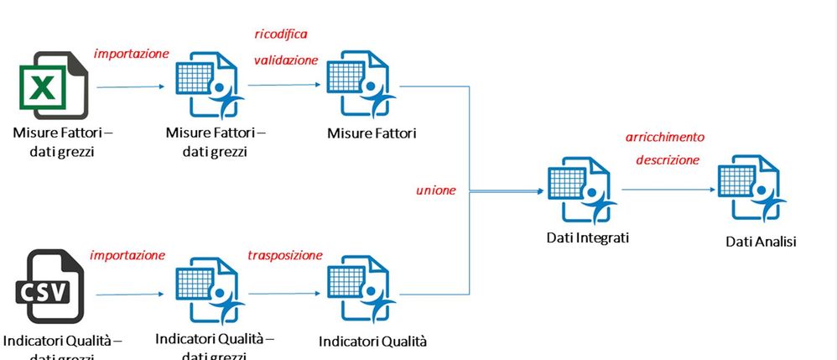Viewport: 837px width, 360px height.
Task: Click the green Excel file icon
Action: tap(52, 86)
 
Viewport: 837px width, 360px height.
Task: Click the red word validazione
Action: tap(286, 60)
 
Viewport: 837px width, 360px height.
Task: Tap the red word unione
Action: tap(435, 190)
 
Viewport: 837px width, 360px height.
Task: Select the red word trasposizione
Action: tap(285, 254)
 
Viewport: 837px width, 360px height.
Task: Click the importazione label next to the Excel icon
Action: tap(132, 53)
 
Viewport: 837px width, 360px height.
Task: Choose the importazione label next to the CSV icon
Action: tap(127, 254)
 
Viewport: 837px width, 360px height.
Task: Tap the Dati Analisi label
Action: tap(761, 242)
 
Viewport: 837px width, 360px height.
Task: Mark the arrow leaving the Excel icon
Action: tap(130, 86)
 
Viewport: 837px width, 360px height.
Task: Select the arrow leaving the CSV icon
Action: tap(130, 295)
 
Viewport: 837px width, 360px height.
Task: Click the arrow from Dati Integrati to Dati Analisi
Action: tap(667, 189)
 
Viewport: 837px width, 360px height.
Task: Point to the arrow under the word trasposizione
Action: tap(285, 295)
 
